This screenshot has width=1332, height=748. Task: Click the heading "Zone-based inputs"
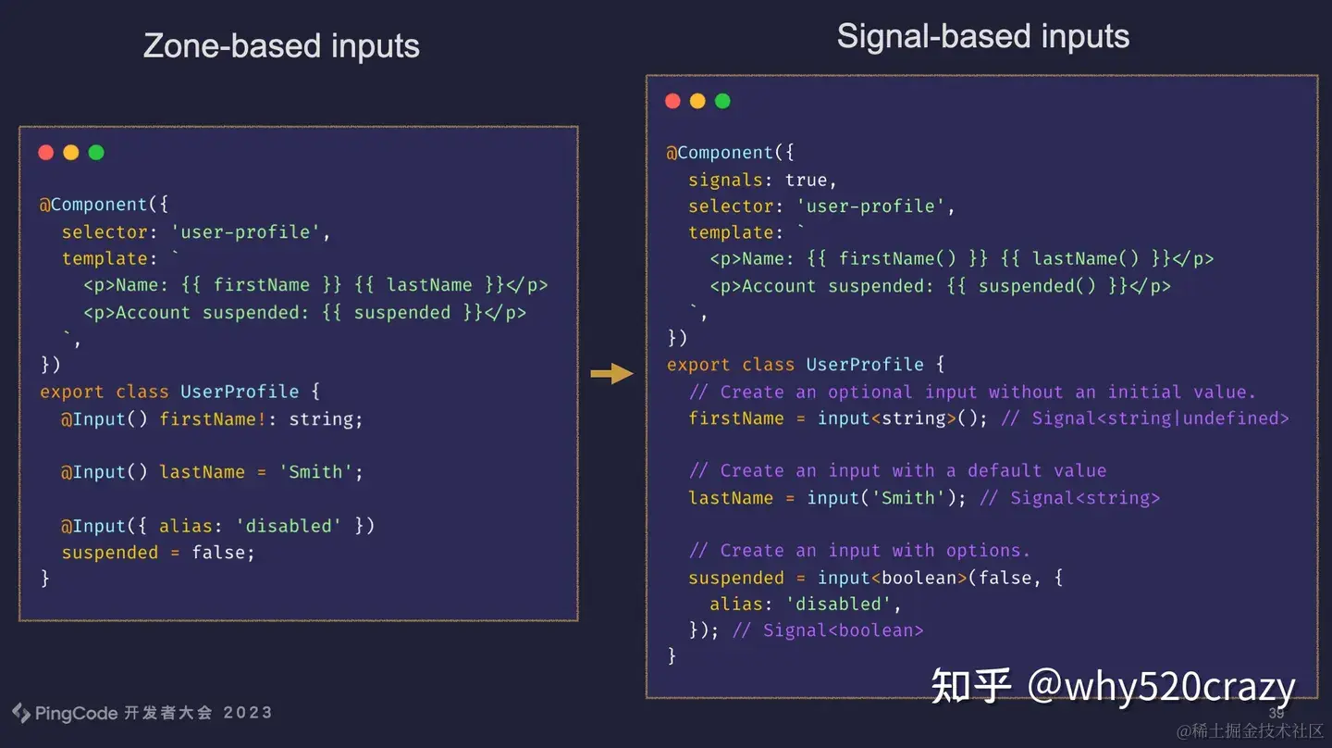[281, 46]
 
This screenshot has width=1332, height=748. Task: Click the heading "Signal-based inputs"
[982, 37]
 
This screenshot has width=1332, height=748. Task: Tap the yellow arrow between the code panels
[611, 374]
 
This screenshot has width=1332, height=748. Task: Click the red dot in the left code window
[46, 153]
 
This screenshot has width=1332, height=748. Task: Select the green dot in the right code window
[722, 101]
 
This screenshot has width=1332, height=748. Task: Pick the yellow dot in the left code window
[71, 153]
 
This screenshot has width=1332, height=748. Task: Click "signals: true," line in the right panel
[762, 180]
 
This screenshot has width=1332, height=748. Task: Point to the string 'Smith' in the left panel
[315, 472]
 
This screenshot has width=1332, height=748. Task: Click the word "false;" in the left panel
[223, 553]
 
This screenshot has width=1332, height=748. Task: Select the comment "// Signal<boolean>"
[828, 630]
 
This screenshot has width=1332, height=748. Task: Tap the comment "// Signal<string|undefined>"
[1145, 418]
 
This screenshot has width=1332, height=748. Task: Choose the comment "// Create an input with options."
[859, 551]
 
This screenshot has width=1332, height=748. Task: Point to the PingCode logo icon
[20, 713]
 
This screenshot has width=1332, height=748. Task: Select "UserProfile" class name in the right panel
[865, 365]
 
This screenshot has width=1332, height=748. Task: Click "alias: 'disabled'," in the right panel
[805, 605]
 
